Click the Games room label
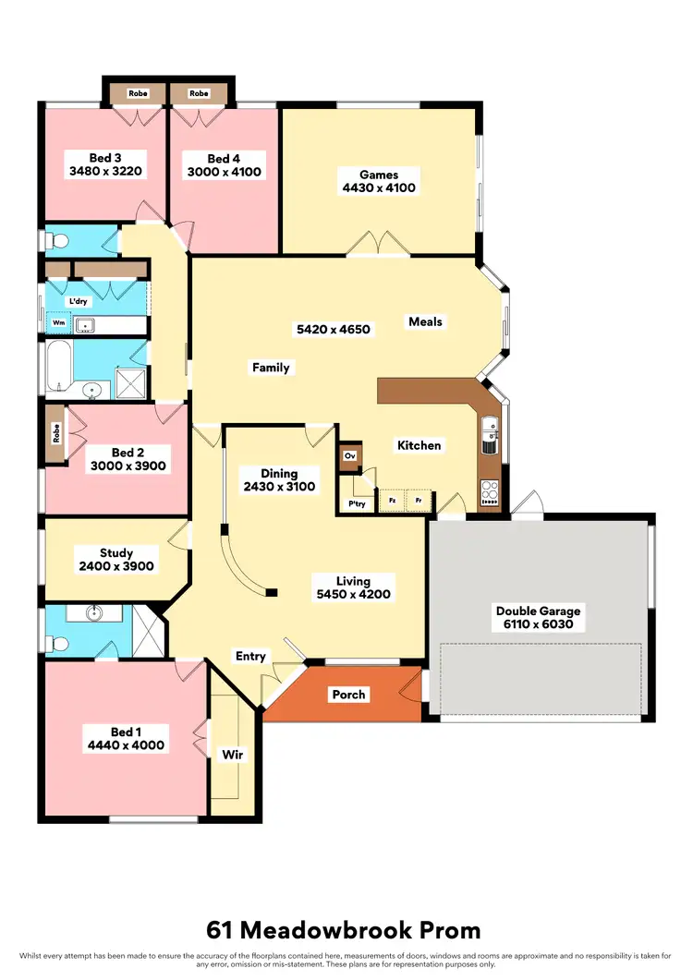coord(379,174)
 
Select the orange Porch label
coord(348,695)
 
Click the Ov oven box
coord(350,456)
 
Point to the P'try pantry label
coord(356,504)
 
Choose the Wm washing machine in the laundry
coord(58,324)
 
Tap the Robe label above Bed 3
coord(138,93)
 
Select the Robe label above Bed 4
coord(199,93)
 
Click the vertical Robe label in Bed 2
coord(55,432)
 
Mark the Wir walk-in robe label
coord(232,755)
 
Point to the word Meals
coord(425,322)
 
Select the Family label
coord(271,368)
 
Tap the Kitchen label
coord(419,445)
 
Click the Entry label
coord(250,657)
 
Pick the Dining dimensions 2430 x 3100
coord(279,487)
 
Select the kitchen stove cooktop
coord(489,494)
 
